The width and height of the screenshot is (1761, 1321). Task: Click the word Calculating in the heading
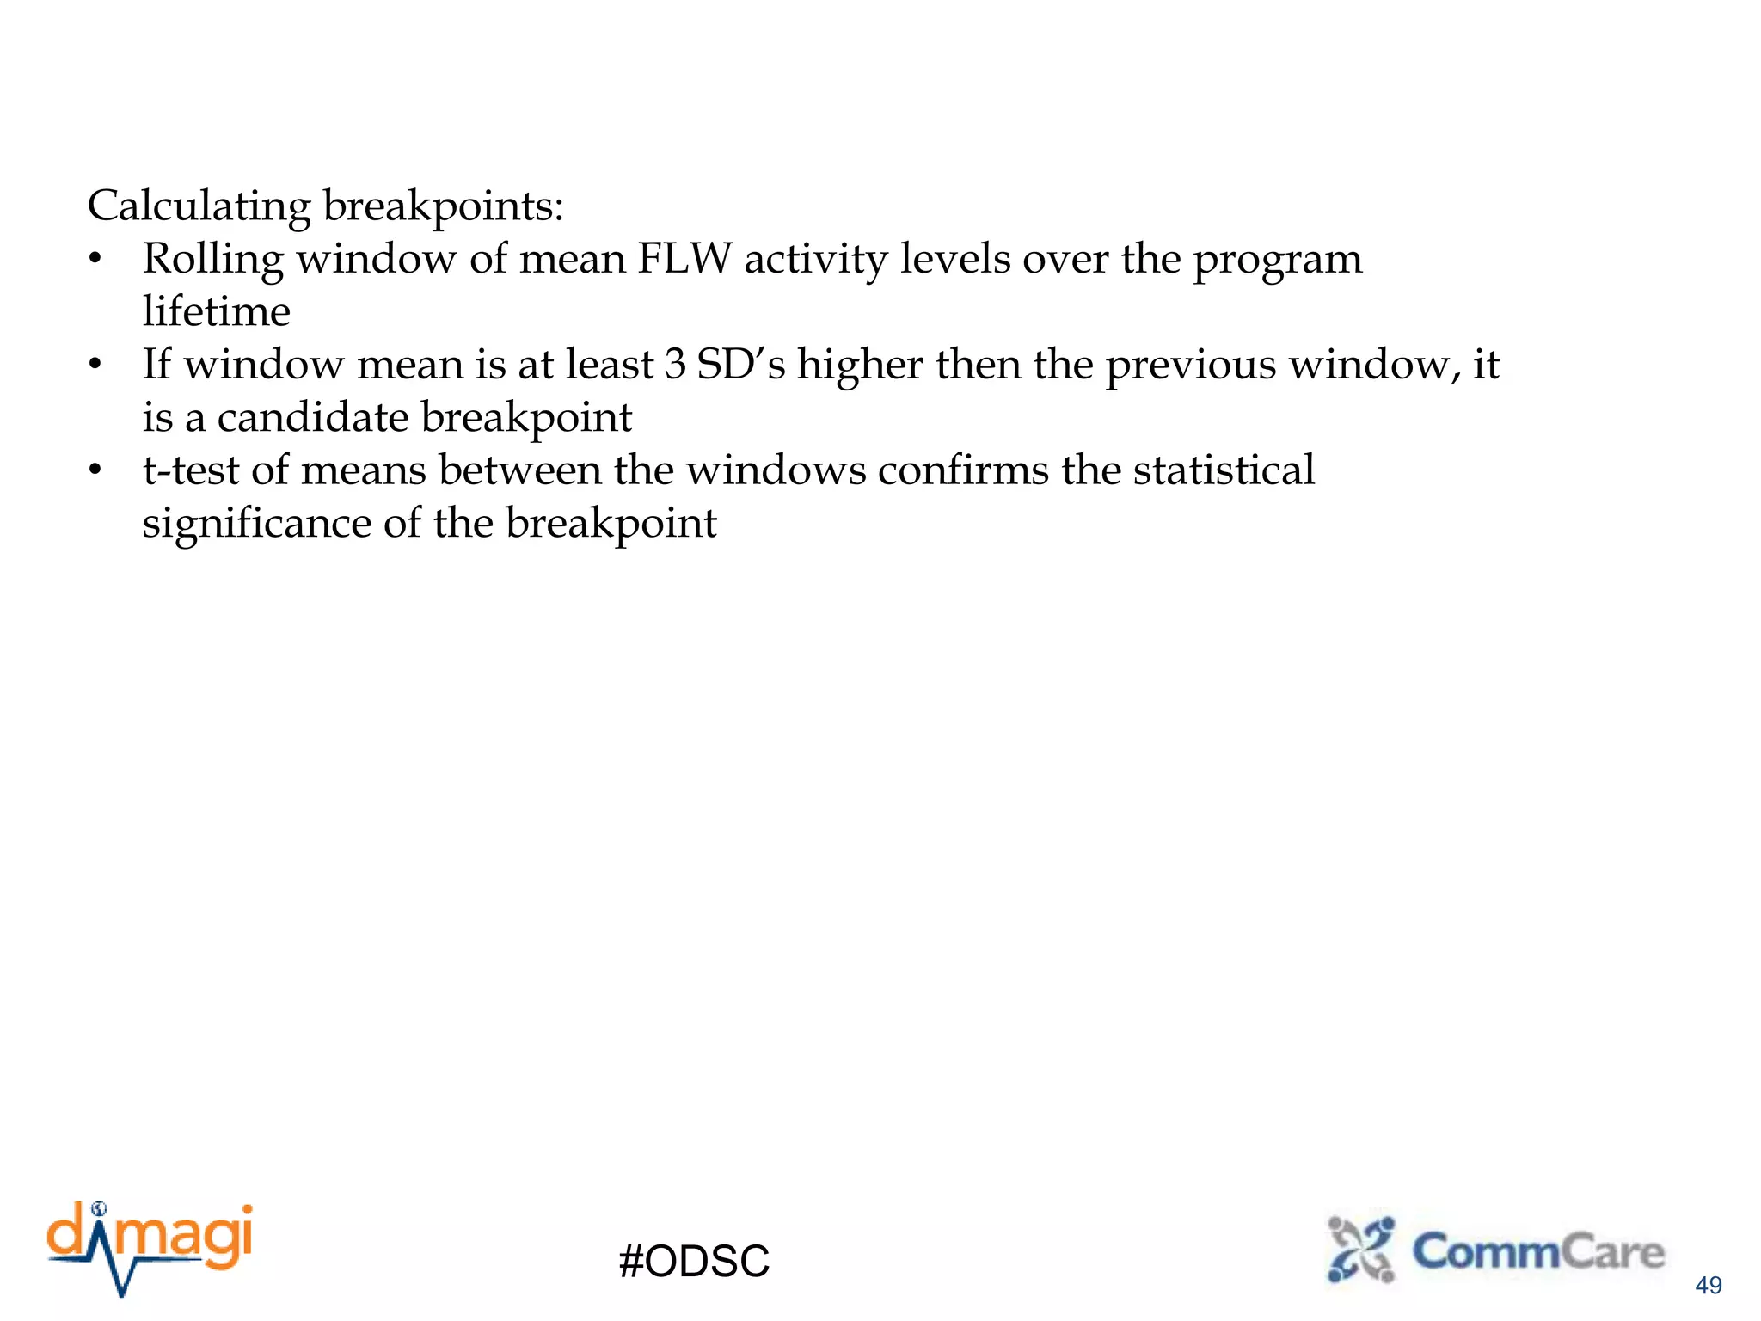[199, 207]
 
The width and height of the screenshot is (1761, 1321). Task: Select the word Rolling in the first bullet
[212, 259]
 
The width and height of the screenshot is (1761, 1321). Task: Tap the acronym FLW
[684, 259]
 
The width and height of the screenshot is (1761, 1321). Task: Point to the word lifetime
[216, 311]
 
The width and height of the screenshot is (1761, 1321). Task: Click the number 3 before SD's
[675, 365]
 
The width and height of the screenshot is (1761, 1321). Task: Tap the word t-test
[191, 470]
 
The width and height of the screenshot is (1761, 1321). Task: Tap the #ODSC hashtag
[694, 1262]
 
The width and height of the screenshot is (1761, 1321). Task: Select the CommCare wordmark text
[1538, 1251]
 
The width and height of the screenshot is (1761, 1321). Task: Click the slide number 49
[1708, 1285]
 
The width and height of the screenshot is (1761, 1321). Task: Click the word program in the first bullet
[1277, 261]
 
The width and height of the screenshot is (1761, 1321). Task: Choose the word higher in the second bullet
[860, 365]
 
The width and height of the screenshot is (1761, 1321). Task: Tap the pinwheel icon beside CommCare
[1361, 1250]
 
